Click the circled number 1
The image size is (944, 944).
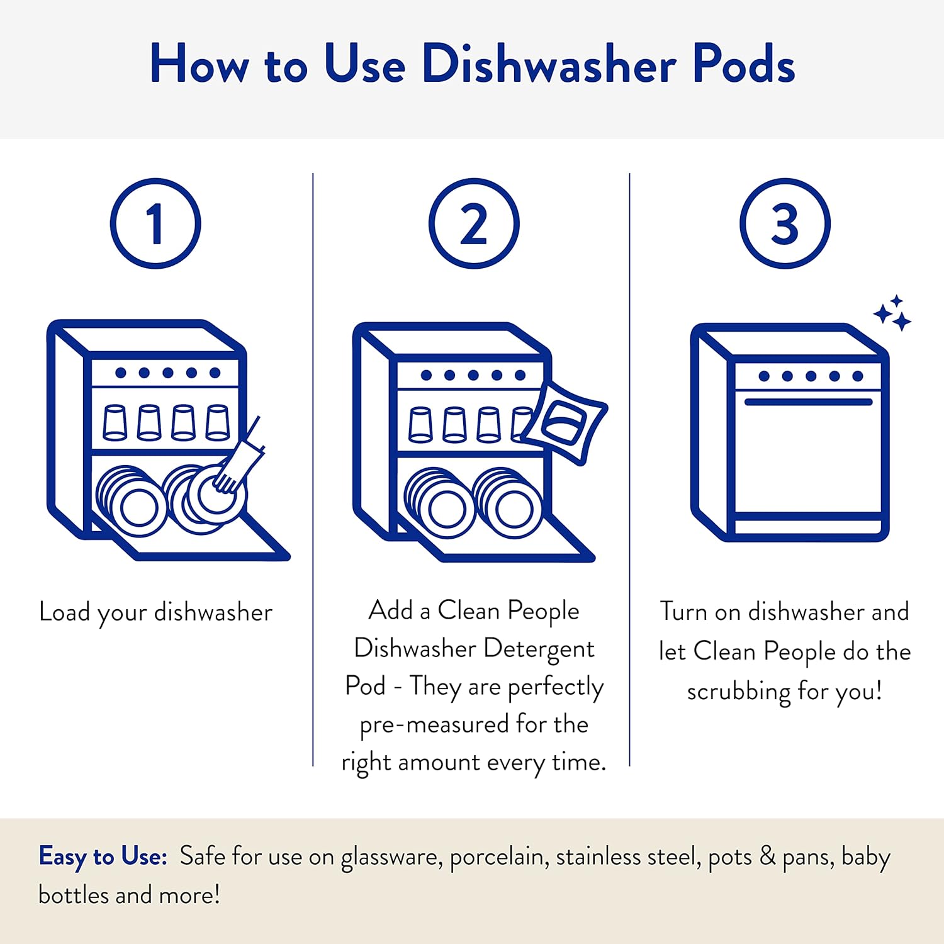(155, 224)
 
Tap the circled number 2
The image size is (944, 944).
(474, 224)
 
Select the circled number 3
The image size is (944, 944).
(785, 224)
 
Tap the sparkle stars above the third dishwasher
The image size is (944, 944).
(893, 313)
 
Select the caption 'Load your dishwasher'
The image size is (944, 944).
(155, 612)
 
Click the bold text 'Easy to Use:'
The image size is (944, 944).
(103, 857)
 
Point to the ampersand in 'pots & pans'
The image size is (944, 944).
(767, 857)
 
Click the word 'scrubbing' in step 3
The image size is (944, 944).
(738, 692)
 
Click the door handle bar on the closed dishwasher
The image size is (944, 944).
(808, 402)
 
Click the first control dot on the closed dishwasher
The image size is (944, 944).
(764, 376)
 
